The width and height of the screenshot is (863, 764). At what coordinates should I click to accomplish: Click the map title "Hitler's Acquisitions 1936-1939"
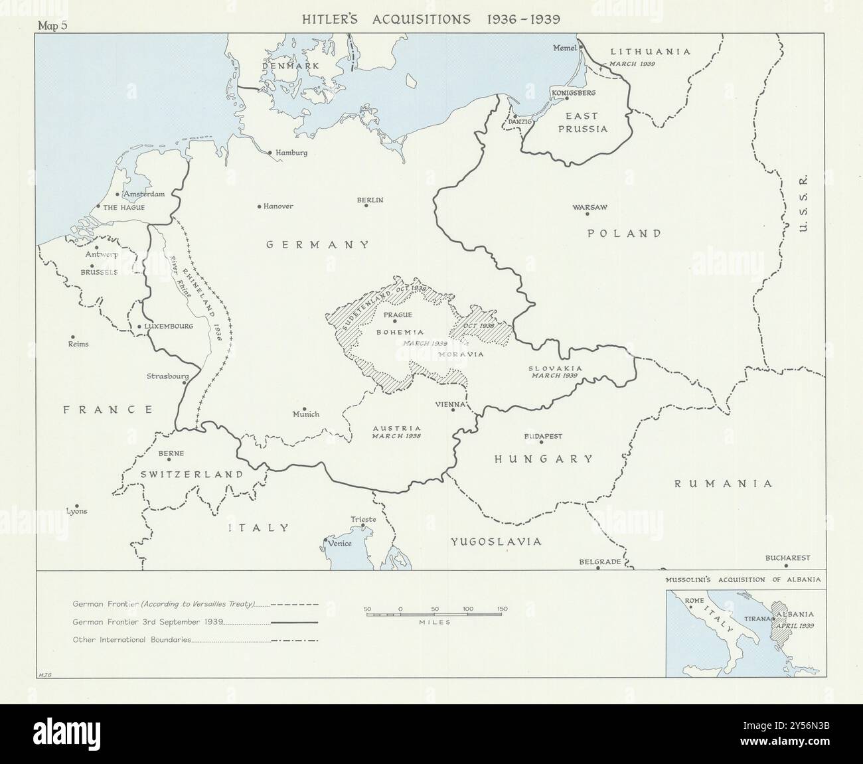[x=431, y=19]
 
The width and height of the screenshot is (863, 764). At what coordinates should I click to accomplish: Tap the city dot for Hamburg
[x=270, y=153]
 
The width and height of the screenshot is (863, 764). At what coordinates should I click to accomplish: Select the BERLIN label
[x=370, y=200]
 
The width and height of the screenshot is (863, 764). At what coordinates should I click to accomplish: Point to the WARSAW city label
[x=590, y=207]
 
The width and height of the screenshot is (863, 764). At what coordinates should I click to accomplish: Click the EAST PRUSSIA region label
[x=582, y=123]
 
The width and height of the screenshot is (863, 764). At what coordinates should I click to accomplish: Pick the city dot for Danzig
[x=514, y=115]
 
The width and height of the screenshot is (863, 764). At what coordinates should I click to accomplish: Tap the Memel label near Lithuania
[x=565, y=48]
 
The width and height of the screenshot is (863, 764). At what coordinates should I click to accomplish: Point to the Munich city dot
[x=304, y=409]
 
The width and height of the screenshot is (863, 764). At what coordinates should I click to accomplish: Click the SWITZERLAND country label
[x=191, y=475]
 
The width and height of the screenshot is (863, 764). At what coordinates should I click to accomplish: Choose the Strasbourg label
[x=167, y=376]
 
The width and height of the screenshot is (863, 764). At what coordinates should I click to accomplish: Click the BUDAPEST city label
[x=543, y=436]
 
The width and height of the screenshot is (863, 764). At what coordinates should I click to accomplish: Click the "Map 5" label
[x=54, y=26]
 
